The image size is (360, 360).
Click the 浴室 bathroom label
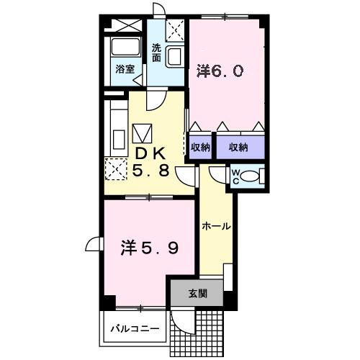click(x=125, y=69)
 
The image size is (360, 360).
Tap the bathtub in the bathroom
click(x=125, y=47)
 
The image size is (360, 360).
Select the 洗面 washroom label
click(x=156, y=53)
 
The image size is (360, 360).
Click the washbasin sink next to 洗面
click(x=174, y=57)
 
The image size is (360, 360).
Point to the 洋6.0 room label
click(x=220, y=71)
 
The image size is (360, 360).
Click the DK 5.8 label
click(x=150, y=162)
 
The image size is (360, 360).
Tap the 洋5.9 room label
click(x=150, y=248)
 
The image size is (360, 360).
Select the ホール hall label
click(x=216, y=226)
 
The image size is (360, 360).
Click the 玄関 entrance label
click(x=197, y=293)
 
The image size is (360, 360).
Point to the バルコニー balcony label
click(x=135, y=328)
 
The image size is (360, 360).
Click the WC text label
click(x=235, y=176)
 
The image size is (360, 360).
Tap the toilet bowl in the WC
click(x=249, y=176)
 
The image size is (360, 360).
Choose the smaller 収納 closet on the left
click(x=200, y=148)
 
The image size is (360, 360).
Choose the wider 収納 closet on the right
click(x=240, y=148)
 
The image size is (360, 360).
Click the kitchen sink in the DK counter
click(x=119, y=140)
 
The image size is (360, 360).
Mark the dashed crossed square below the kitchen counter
click(x=116, y=169)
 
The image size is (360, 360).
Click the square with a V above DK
click(x=142, y=133)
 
